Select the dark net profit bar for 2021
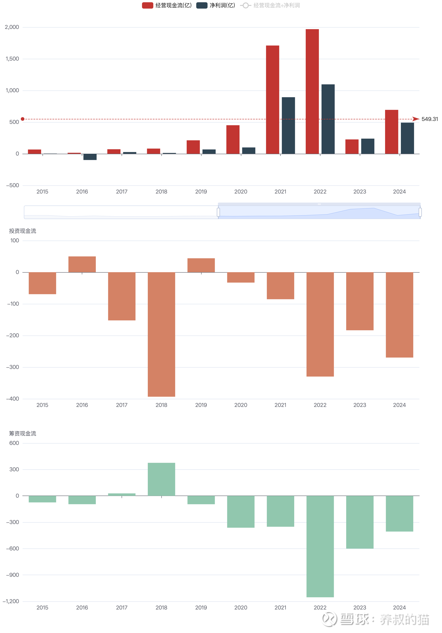[288, 125]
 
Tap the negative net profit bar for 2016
[90, 157]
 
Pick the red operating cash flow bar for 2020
[233, 139]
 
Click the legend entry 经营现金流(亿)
[167, 5]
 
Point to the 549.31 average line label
[429, 119]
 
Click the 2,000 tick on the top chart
[12, 27]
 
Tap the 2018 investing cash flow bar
[161, 334]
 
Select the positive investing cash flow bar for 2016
[82, 264]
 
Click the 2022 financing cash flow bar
[320, 546]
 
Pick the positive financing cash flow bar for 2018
[161, 479]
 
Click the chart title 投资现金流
[23, 231]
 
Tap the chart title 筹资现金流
[23, 433]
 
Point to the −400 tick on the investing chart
[13, 399]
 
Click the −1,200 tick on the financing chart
[11, 601]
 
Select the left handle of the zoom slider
[218, 212]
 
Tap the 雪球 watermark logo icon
[329, 619]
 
